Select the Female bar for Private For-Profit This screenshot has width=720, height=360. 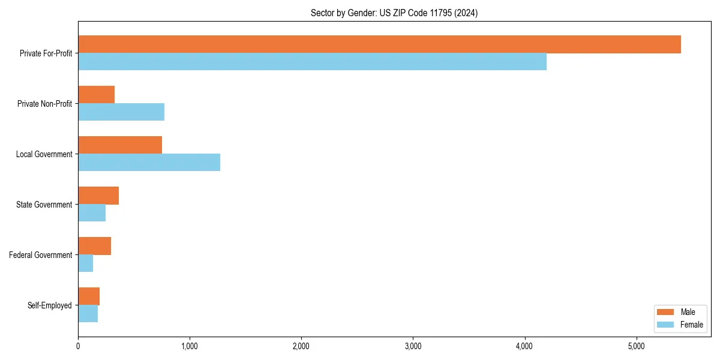312,61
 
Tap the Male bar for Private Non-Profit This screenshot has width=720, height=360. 96,95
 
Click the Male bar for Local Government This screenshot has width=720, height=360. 120,145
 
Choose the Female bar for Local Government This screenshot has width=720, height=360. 149,162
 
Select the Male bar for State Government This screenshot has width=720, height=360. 98,196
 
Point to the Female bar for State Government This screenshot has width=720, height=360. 92,212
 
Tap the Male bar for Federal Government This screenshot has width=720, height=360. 94,246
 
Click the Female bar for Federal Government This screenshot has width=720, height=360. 85,263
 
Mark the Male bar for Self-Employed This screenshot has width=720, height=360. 89,296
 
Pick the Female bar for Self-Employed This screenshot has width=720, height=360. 88,313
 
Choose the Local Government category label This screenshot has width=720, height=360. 44,154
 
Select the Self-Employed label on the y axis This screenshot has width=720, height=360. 49,305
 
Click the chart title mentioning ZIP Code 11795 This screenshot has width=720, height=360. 394,13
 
